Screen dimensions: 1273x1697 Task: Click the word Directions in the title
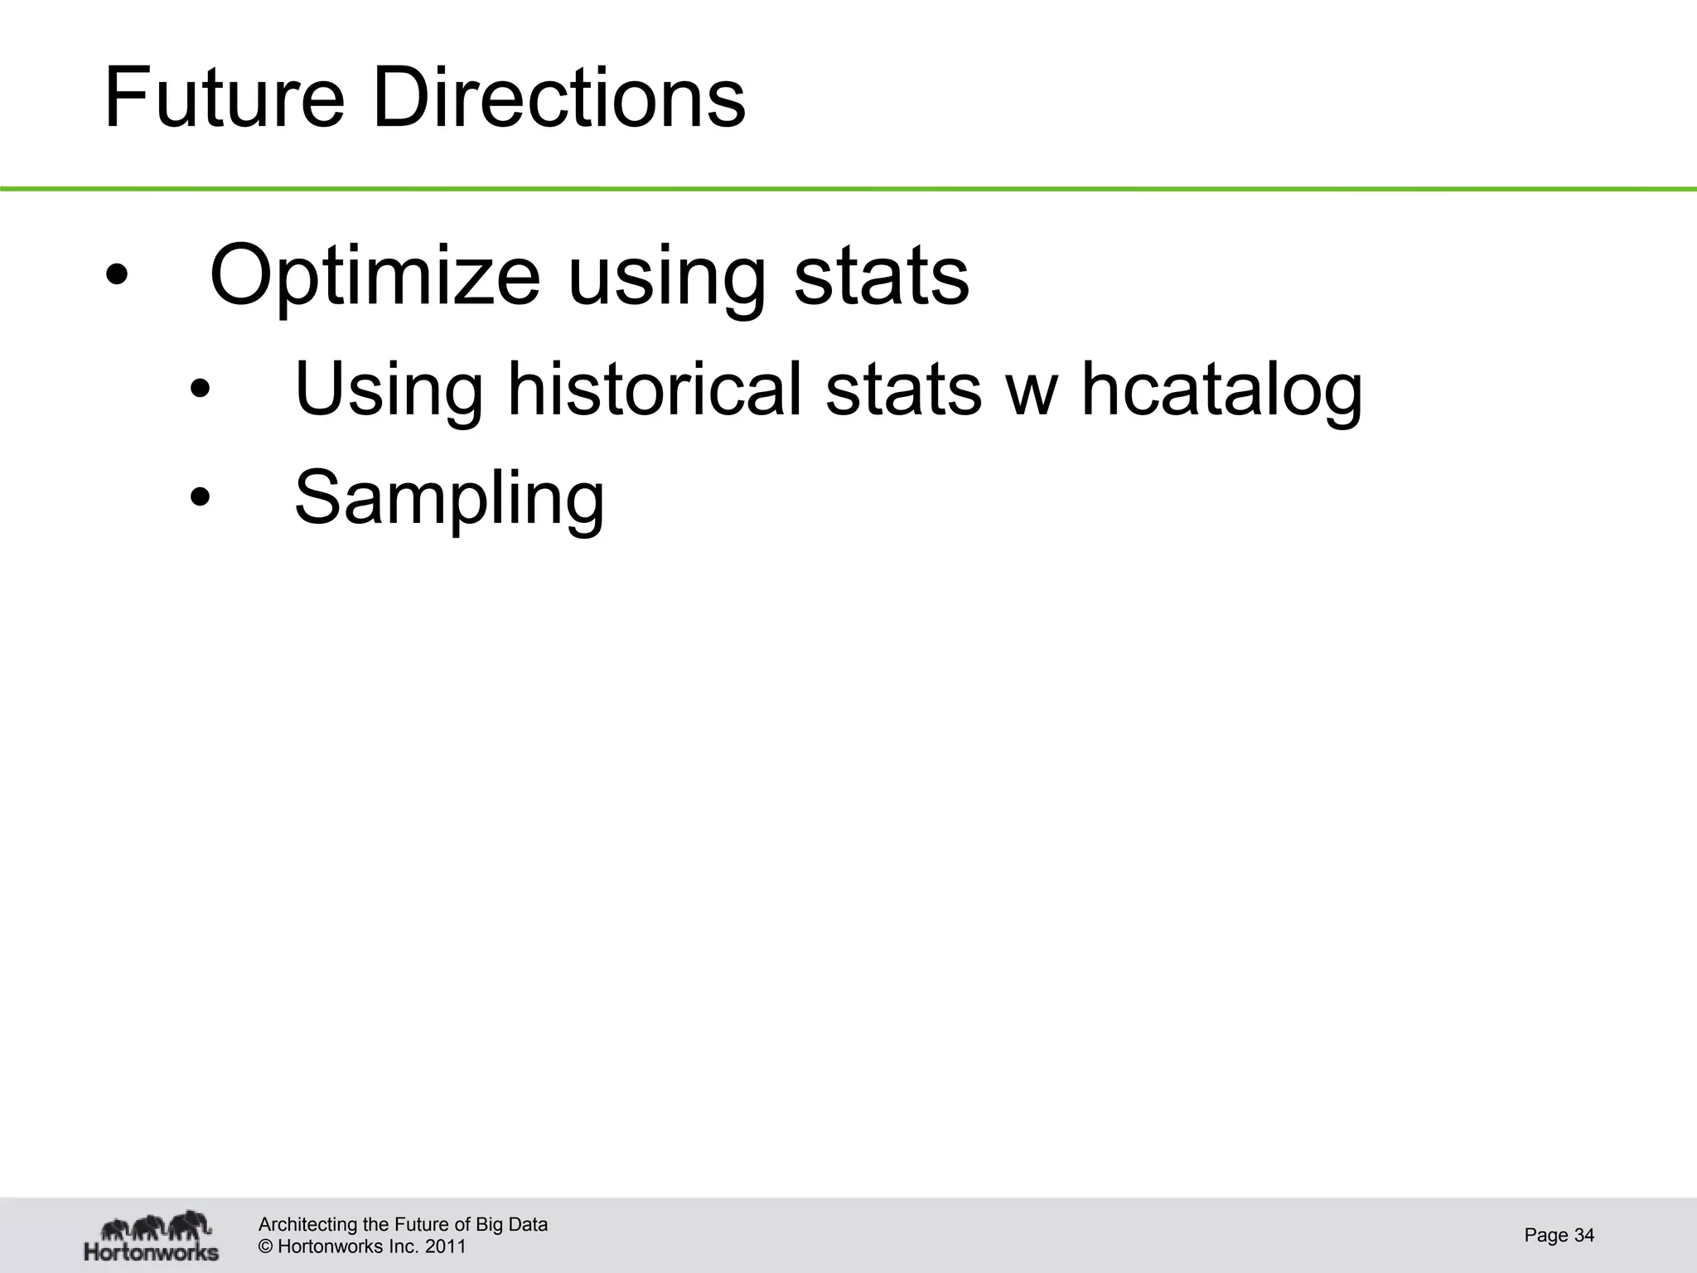click(x=559, y=99)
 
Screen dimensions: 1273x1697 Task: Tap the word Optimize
click(x=375, y=276)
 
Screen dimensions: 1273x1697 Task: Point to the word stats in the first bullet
click(x=881, y=276)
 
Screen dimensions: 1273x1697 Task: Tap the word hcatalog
click(x=1222, y=390)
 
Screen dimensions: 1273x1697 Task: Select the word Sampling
click(x=449, y=499)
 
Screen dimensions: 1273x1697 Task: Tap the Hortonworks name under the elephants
click(x=152, y=1251)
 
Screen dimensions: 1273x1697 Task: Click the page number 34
click(x=1583, y=1235)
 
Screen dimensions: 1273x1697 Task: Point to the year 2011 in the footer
click(x=446, y=1246)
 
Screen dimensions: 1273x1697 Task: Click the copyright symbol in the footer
click(x=265, y=1246)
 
